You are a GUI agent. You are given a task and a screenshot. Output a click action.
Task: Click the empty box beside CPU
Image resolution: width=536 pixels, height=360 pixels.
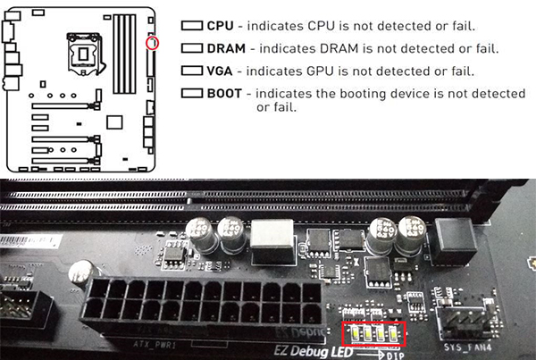pos(192,25)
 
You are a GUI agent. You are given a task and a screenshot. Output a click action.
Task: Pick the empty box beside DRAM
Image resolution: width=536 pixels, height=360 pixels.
pos(192,47)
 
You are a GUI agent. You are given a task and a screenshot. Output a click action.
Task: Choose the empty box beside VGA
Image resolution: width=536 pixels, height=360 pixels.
pos(192,70)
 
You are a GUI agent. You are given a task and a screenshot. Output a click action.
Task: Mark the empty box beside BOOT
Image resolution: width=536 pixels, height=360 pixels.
pos(192,93)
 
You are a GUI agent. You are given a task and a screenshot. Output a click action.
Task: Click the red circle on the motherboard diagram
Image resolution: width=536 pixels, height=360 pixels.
pos(152,43)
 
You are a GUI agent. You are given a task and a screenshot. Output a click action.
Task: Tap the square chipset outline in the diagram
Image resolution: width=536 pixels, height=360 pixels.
pos(113,121)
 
